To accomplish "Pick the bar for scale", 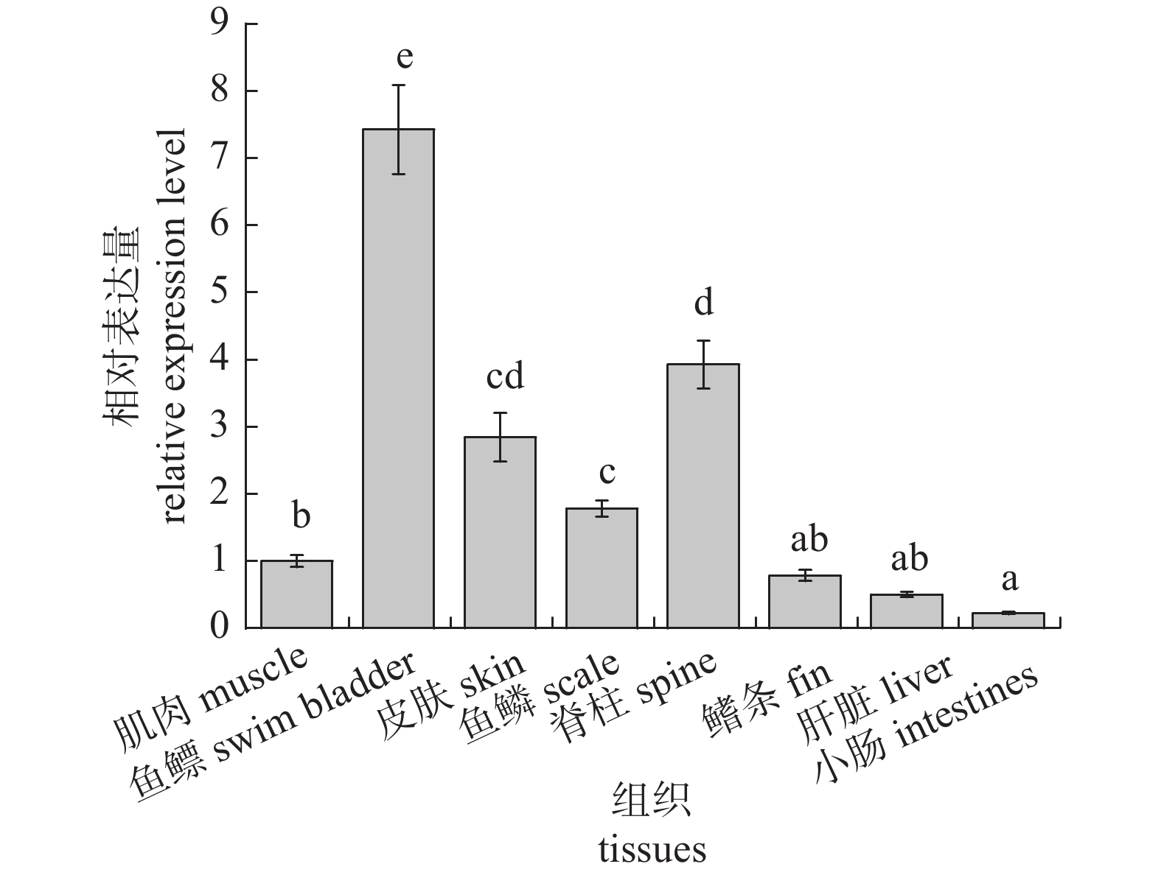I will pos(602,568).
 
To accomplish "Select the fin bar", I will pos(805,602).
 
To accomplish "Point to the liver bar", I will pos(907,611).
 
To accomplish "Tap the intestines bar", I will pos(1008,620).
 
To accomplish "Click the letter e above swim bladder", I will pos(404,57).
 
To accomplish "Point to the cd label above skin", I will pos(505,376).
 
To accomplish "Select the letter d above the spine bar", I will pos(705,302).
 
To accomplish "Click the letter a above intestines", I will pos(1009,580).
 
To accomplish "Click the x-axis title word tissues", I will pos(652,849).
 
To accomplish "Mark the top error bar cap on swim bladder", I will pos(398,85).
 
